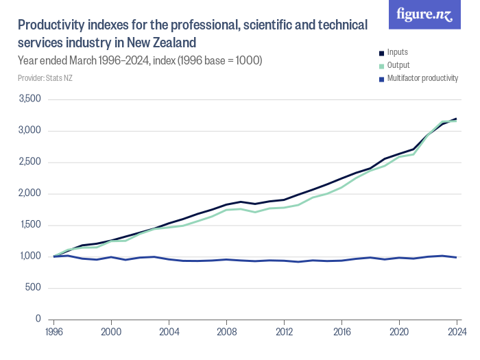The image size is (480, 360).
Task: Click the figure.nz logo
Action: pos(424,14)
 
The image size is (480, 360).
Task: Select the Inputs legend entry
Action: pos(398,52)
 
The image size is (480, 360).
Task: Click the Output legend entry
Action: pos(398,65)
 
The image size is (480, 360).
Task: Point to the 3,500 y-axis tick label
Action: pos(28,99)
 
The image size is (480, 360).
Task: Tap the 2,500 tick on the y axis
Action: pos(28,163)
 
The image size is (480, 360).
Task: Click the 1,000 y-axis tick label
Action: pos(28,256)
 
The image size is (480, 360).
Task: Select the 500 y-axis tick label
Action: pos(32,288)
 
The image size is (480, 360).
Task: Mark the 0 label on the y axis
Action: pos(38,320)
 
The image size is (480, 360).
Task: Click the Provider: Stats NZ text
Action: pos(45,78)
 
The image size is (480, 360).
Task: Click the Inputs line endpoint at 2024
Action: pos(456,119)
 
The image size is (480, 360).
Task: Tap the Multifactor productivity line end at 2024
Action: pos(456,257)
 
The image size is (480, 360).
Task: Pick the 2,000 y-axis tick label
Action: pos(28,193)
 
